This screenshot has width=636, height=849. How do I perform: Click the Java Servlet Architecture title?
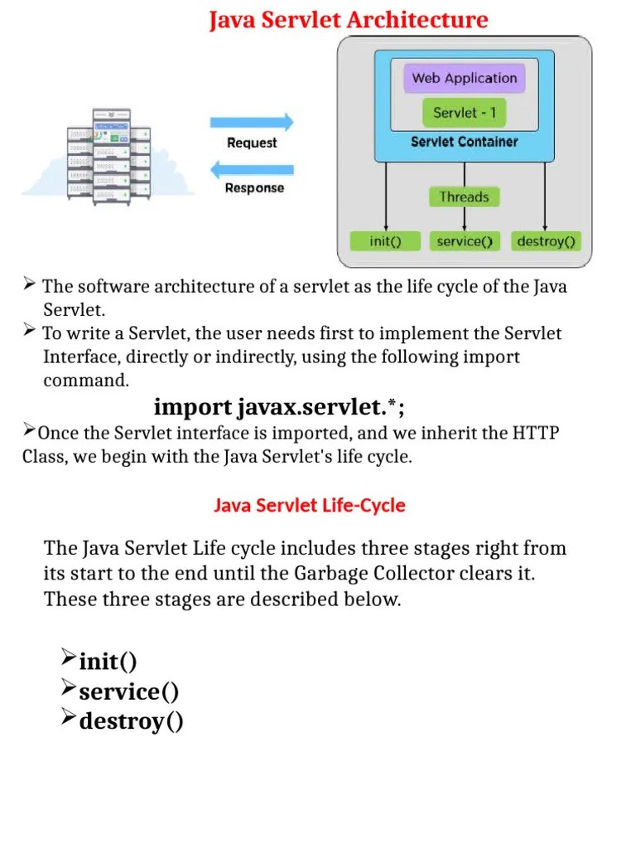click(x=348, y=19)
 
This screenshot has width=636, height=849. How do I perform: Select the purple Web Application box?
click(x=464, y=79)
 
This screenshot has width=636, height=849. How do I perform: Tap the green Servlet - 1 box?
click(x=464, y=112)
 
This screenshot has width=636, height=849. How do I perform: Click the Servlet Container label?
click(x=464, y=142)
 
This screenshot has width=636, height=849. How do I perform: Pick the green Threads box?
click(x=464, y=196)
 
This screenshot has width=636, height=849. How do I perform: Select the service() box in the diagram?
click(x=464, y=241)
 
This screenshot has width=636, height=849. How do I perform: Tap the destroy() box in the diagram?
click(x=547, y=241)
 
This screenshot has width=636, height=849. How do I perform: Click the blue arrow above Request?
click(x=252, y=123)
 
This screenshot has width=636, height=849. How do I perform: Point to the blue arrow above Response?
click(x=252, y=170)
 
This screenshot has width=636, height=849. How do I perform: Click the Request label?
click(x=252, y=143)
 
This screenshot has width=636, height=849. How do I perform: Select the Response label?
click(x=254, y=188)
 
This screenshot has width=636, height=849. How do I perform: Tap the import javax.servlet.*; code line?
click(x=280, y=408)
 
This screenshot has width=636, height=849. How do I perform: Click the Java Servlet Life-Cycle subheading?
click(x=310, y=505)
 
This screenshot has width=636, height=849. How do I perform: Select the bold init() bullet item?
click(x=108, y=662)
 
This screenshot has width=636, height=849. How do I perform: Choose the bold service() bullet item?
click(x=128, y=691)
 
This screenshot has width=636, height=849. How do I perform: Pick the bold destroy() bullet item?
click(x=131, y=721)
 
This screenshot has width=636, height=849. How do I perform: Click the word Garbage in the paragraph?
click(x=330, y=574)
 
